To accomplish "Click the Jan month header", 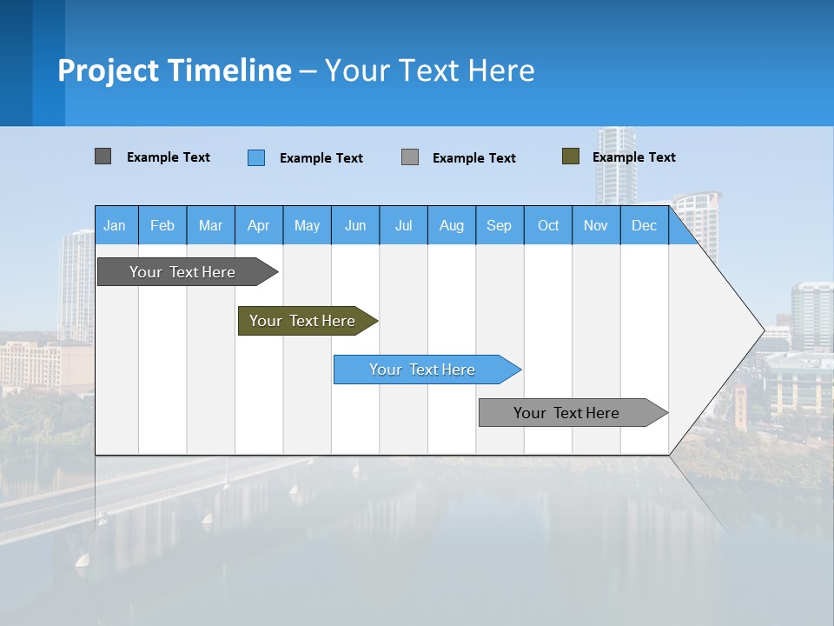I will pyautogui.click(x=116, y=225).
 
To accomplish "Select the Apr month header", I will pyautogui.click(x=259, y=225).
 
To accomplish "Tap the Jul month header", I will pyautogui.click(x=403, y=225).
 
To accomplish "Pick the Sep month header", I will pyautogui.click(x=500, y=225).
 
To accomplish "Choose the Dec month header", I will pyautogui.click(x=644, y=225).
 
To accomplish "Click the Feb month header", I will pyautogui.click(x=162, y=225).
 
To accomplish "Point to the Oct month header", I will pyautogui.click(x=548, y=225).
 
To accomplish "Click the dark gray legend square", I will pyautogui.click(x=103, y=156).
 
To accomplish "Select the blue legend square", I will pyautogui.click(x=256, y=157).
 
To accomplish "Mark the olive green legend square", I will pyautogui.click(x=570, y=156).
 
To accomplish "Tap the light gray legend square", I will pyautogui.click(x=410, y=157).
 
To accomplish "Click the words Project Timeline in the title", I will pyautogui.click(x=175, y=70).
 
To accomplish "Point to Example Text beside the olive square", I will pyautogui.click(x=633, y=157).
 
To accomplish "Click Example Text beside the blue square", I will pyautogui.click(x=321, y=158).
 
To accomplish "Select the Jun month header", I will pyautogui.click(x=355, y=225).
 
